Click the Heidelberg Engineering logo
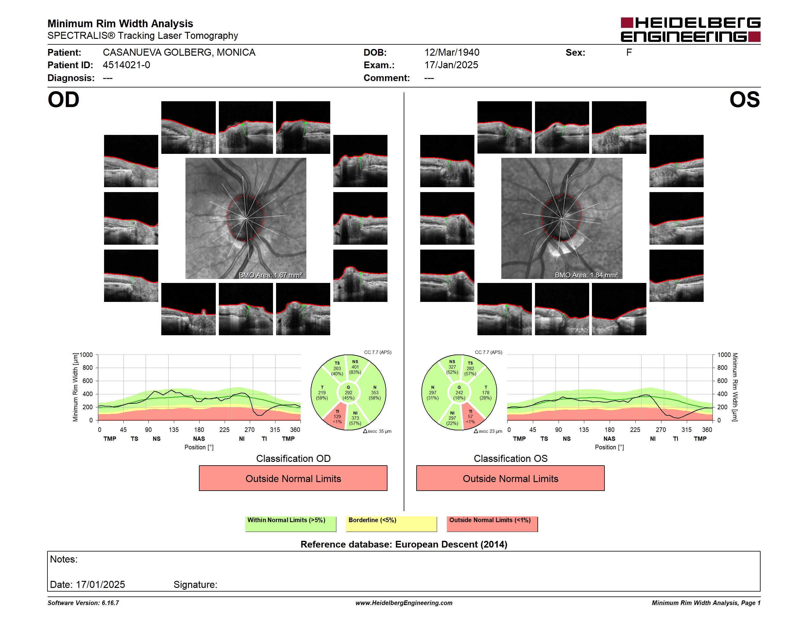pos(690,30)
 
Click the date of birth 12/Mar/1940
pos(452,53)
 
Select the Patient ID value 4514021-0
pos(126,65)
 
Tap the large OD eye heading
pos(64,99)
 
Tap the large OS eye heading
pos(744,99)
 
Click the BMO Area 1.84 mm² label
pos(586,275)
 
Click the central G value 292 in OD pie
pos(349,392)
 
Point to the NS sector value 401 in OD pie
pos(355,367)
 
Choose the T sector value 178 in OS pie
pos(486,392)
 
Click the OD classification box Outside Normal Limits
pos(293,478)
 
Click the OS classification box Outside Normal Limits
pos(511,478)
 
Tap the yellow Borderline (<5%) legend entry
pos(391,524)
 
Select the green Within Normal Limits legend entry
pos(290,524)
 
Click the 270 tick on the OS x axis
pos(661,429)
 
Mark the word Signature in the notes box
pos(195,585)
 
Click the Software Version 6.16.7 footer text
pos(83,603)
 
